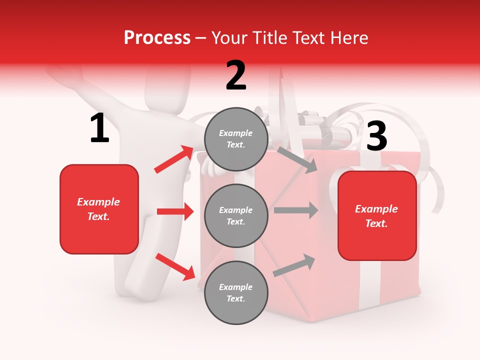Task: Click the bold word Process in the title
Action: click(157, 38)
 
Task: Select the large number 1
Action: click(99, 128)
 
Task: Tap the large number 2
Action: click(236, 75)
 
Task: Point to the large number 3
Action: click(377, 136)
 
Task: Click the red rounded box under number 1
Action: click(99, 209)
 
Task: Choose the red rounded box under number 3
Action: click(377, 215)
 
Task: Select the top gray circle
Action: click(236, 139)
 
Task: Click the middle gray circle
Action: click(236, 215)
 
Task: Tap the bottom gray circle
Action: click(236, 292)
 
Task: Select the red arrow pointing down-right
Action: click(175, 266)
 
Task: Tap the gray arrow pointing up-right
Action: click(294, 265)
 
